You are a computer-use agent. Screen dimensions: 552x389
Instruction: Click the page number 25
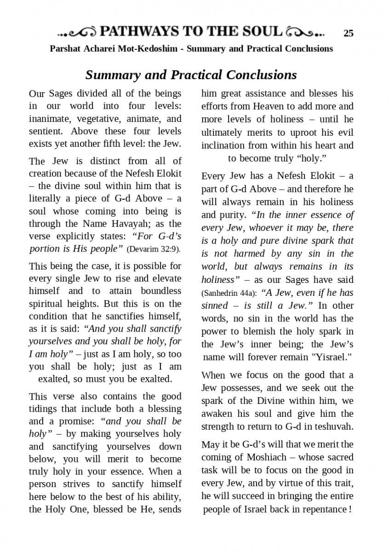[349, 33]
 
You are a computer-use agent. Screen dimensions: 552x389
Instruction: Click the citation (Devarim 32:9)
[154, 249]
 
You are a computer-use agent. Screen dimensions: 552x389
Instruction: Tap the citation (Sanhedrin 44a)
[226, 293]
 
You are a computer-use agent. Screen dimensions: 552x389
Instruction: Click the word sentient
[45, 131]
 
